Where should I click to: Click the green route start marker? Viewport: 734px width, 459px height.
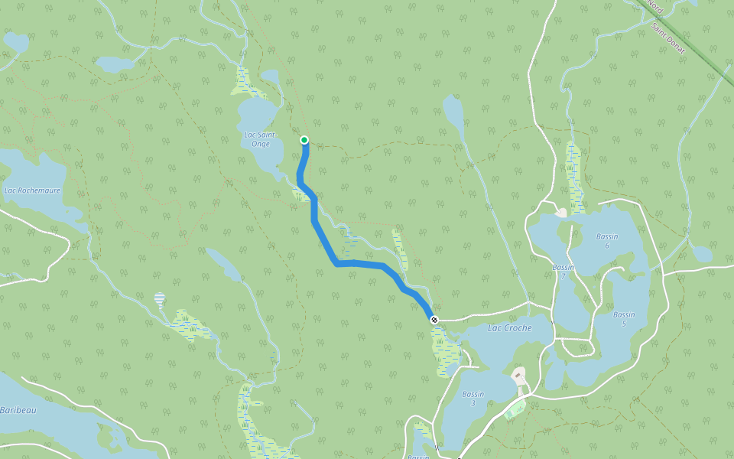[304, 139]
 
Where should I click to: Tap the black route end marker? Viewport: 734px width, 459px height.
[434, 319]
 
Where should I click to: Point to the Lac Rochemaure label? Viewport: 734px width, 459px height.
[32, 190]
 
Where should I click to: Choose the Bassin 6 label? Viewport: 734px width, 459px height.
[607, 241]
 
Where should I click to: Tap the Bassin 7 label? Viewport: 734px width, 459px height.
[563, 271]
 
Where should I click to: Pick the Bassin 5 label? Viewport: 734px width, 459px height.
[623, 319]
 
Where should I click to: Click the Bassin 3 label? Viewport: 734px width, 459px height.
[473, 399]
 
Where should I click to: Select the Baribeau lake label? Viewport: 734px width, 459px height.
[17, 410]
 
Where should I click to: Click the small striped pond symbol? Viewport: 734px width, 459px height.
[159, 298]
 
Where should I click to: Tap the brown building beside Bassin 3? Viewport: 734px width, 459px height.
[520, 376]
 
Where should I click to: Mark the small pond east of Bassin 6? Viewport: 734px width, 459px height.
[700, 253]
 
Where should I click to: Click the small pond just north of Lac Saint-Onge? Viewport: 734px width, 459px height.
[270, 76]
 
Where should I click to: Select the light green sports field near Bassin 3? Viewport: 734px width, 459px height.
[515, 409]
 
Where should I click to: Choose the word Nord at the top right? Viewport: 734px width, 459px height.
[654, 6]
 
